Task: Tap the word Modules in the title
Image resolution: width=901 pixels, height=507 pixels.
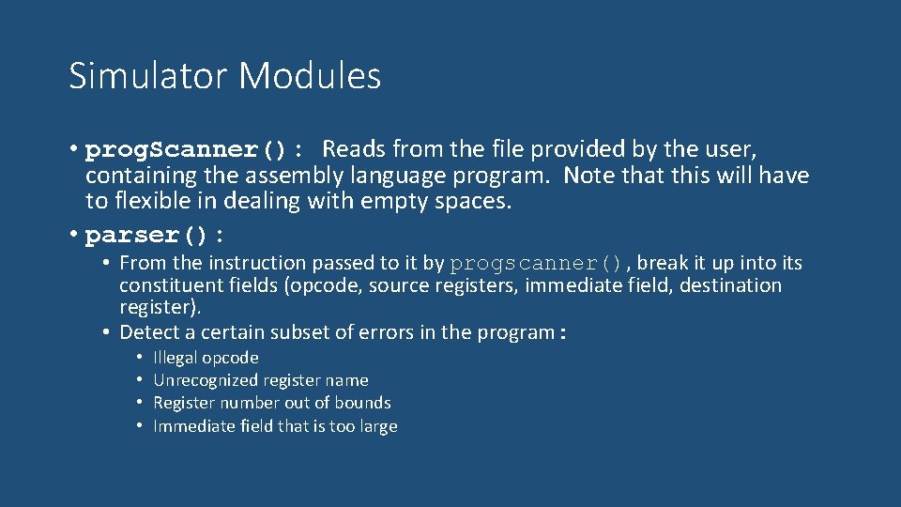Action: tap(310, 76)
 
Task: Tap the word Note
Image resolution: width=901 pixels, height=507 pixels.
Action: tap(588, 176)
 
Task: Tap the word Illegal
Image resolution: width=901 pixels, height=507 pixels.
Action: tap(176, 358)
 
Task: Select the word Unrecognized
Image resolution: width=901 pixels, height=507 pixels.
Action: tap(205, 380)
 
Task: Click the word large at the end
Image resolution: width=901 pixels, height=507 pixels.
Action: tap(377, 426)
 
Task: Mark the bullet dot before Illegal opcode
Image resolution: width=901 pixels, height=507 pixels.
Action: tap(138, 358)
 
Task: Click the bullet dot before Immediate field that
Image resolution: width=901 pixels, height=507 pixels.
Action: tap(138, 426)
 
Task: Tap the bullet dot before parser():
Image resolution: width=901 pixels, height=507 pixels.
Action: tap(73, 234)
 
